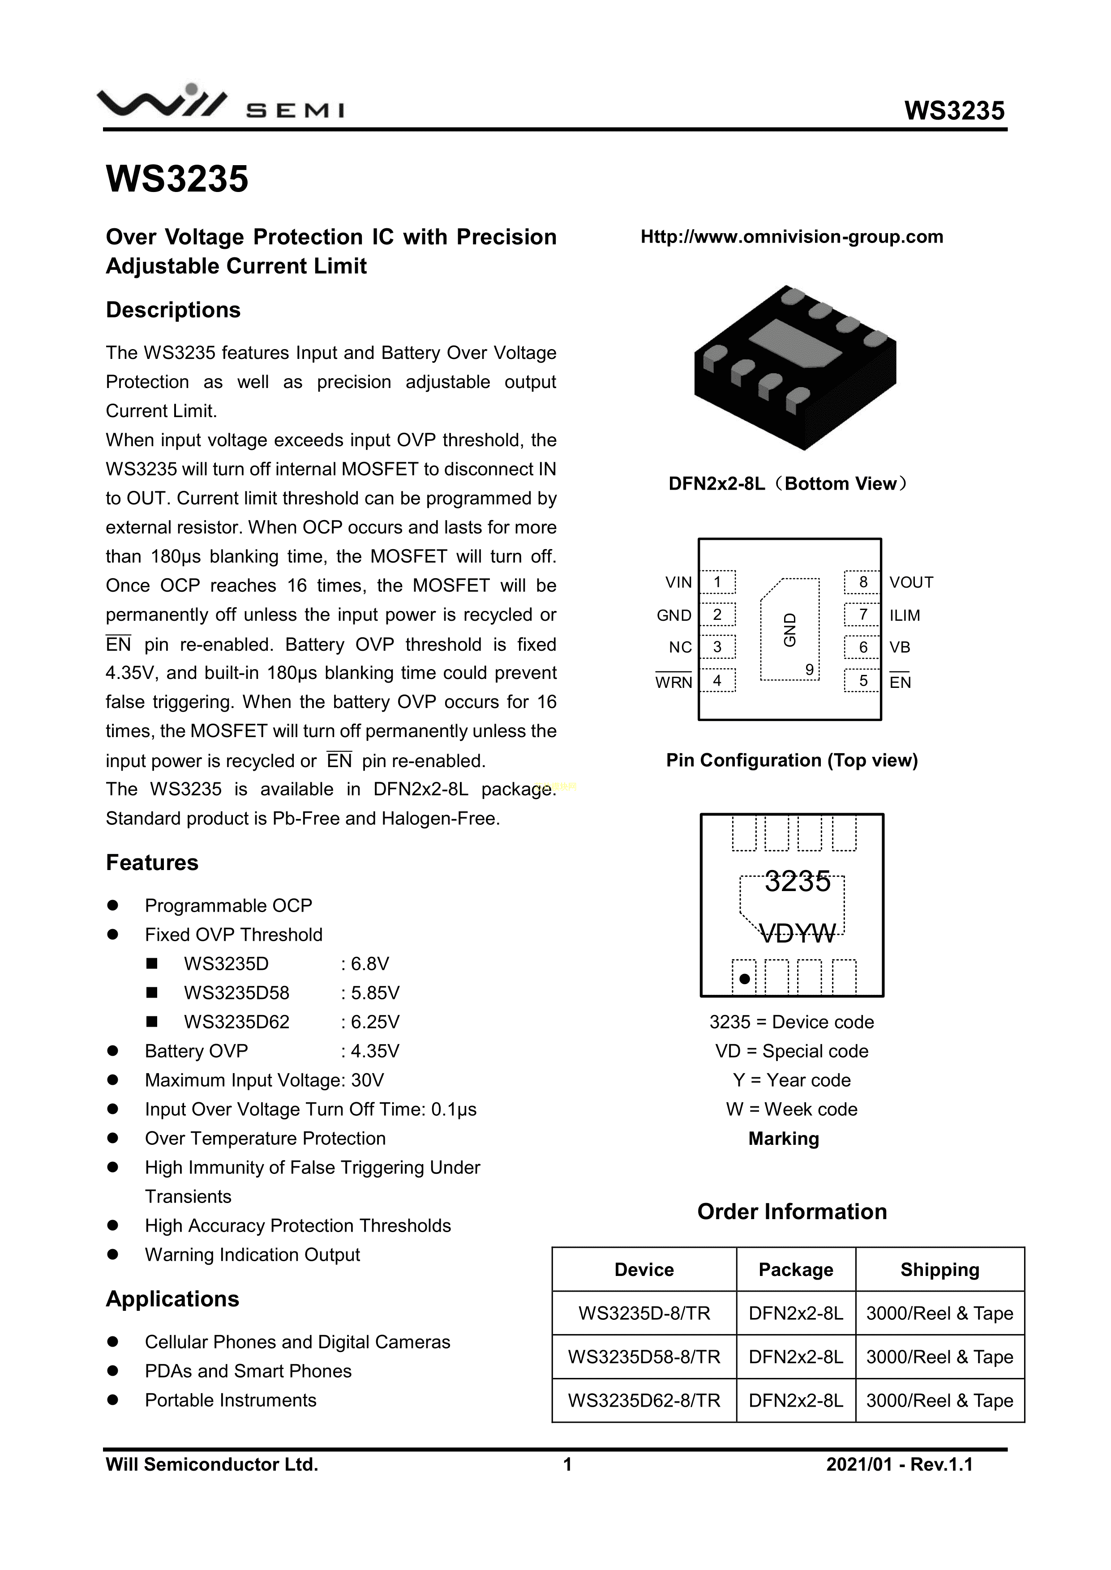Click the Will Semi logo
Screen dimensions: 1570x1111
pos(220,104)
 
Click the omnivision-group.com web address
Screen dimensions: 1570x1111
pos(792,237)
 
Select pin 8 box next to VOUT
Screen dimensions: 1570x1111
pos(862,582)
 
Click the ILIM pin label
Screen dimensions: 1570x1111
pos(905,615)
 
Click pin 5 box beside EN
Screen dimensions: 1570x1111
pos(862,680)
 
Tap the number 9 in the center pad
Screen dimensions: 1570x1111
pos(809,670)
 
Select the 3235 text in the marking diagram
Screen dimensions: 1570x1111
pos(798,881)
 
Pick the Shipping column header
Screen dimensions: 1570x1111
pos(939,1270)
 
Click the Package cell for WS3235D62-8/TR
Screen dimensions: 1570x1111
pos(796,1400)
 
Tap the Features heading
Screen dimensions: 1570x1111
pos(152,862)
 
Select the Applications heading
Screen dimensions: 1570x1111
pos(172,1298)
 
